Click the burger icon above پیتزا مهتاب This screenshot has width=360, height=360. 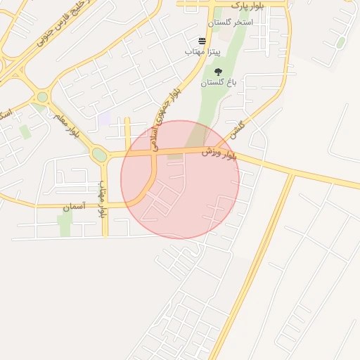point(202,41)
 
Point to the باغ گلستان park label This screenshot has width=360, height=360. point(219,83)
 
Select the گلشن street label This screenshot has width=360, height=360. point(237,129)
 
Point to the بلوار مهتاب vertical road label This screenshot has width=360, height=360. point(103,200)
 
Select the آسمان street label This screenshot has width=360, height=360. point(73,207)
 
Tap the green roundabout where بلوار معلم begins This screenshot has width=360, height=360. point(42,97)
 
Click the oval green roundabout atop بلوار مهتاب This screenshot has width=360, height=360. point(99,155)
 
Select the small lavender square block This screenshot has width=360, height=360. point(105,119)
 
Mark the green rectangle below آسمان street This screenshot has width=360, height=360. point(65,223)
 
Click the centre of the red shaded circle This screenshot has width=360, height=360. point(180,179)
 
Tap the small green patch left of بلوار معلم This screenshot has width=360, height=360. point(25,131)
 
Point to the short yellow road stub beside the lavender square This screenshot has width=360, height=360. point(127,133)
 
